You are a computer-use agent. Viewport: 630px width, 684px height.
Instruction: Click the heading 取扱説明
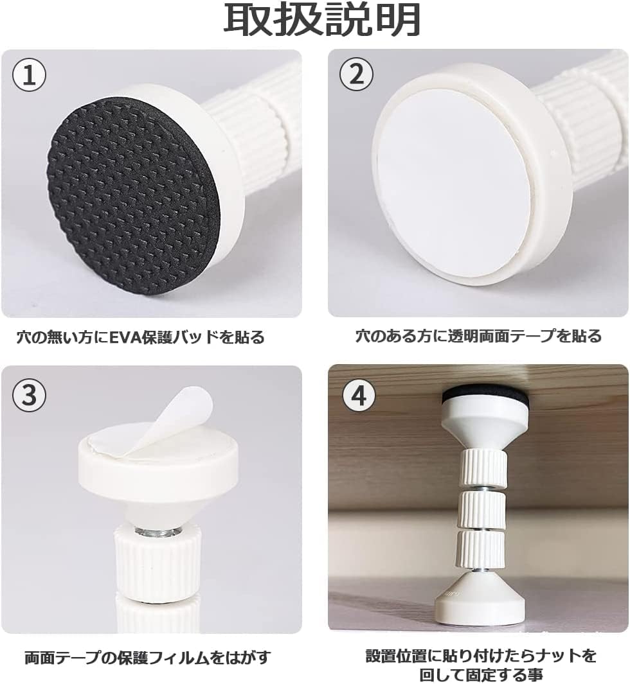point(322,21)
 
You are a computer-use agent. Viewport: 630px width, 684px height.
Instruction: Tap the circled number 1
point(30,75)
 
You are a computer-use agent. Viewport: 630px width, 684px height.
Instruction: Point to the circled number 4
point(359,395)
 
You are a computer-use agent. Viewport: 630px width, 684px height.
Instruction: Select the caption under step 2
point(478,337)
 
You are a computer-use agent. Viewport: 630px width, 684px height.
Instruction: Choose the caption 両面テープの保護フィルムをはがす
point(148,658)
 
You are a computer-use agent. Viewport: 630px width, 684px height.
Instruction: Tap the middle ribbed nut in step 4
point(482,509)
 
